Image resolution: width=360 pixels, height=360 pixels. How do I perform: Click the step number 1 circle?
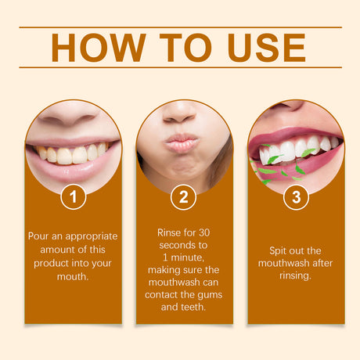73,197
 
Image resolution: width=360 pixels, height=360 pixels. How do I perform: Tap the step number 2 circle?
183,197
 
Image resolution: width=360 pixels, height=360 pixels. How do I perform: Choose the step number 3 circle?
296,197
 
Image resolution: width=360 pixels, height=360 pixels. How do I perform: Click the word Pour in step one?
40,236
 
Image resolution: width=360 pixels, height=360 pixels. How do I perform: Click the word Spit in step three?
275,249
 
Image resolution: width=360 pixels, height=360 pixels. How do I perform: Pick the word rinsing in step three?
296,275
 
